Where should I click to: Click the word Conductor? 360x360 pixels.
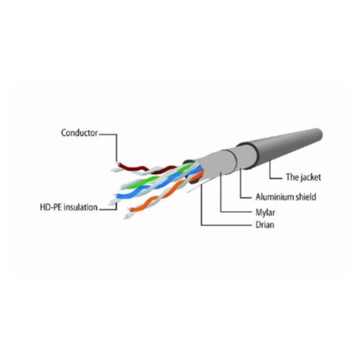coord(79,133)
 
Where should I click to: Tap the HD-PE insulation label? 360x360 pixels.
coord(68,207)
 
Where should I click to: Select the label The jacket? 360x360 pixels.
coord(303,177)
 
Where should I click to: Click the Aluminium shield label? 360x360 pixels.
coord(286,197)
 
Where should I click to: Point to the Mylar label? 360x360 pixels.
coord(265,212)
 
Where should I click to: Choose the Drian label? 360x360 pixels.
coord(265,224)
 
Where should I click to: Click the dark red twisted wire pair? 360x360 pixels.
coord(147,169)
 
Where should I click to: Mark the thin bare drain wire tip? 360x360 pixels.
coord(188,192)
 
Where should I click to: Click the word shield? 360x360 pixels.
coord(305,197)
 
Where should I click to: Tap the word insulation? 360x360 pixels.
coord(80,207)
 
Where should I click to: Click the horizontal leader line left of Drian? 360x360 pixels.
coord(226,225)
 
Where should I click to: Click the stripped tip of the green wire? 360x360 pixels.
coord(123,187)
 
